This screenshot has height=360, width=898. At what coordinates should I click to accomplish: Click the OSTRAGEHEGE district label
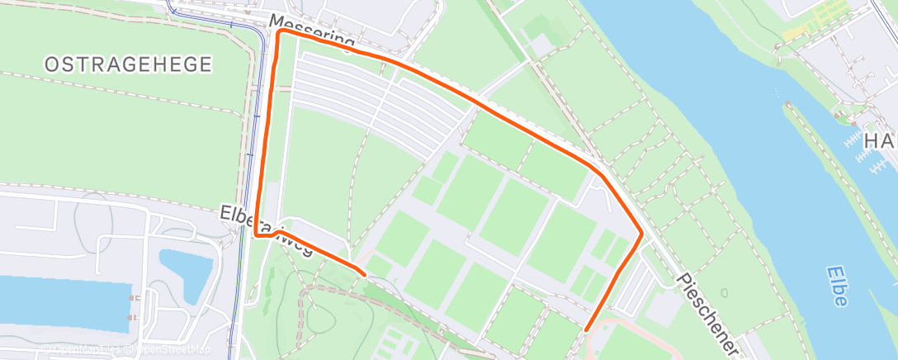(128, 64)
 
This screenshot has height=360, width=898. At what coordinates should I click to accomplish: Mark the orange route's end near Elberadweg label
(364, 272)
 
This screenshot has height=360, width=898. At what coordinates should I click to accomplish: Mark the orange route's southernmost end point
(587, 329)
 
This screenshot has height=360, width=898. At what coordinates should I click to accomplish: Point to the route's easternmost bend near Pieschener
(641, 234)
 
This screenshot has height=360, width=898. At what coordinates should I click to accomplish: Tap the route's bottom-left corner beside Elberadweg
(257, 235)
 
